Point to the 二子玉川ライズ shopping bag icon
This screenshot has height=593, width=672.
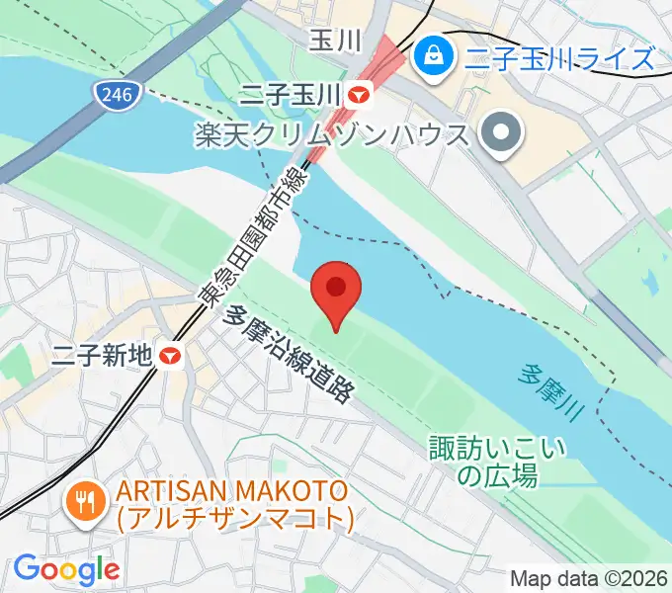click(433, 55)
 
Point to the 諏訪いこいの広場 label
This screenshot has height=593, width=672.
click(498, 462)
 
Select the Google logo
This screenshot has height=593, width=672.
click(66, 569)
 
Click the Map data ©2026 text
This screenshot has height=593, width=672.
click(589, 578)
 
